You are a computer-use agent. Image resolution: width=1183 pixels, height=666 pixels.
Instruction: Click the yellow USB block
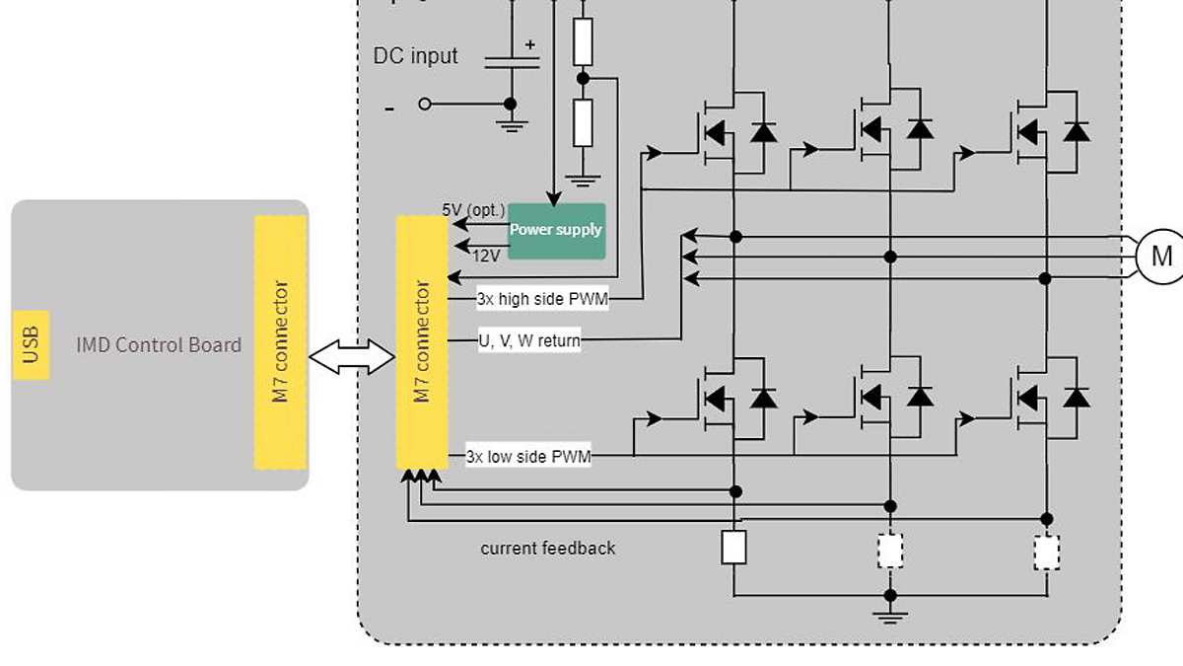pyautogui.click(x=32, y=345)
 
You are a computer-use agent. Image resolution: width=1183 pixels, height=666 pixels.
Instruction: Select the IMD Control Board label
pyautogui.click(x=159, y=344)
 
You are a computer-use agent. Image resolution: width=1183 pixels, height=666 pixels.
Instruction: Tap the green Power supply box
pyautogui.click(x=556, y=230)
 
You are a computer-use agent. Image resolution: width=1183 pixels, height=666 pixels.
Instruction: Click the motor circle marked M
pyautogui.click(x=1160, y=257)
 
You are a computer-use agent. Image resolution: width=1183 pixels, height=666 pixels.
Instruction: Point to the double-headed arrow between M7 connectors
pyautogui.click(x=352, y=357)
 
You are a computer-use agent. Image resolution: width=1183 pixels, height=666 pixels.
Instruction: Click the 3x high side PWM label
pyautogui.click(x=541, y=299)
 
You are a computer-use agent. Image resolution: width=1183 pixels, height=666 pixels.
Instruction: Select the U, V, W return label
pyautogui.click(x=529, y=340)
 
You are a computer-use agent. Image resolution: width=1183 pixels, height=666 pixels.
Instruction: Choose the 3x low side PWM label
pyautogui.click(x=528, y=457)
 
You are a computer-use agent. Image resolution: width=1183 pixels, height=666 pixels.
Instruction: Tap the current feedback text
pyautogui.click(x=547, y=548)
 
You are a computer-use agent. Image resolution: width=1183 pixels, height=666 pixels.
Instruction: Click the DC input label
pyautogui.click(x=415, y=55)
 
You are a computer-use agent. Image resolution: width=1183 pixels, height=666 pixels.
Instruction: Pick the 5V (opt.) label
pyautogui.click(x=473, y=210)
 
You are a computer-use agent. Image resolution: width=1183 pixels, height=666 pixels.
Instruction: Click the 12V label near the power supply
pyautogui.click(x=486, y=256)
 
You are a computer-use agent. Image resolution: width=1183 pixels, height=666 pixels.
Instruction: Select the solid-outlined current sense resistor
pyautogui.click(x=733, y=548)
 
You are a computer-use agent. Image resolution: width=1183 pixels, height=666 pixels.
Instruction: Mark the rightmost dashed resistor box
pyautogui.click(x=1046, y=552)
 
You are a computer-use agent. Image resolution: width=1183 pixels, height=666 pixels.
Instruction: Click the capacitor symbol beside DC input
pyautogui.click(x=512, y=61)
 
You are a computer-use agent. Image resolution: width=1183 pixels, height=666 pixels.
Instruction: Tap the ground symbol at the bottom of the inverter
pyautogui.click(x=890, y=616)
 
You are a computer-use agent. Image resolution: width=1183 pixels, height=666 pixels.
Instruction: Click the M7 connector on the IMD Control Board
pyautogui.click(x=280, y=342)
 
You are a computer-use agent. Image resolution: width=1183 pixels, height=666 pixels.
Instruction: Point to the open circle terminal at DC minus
pyautogui.click(x=425, y=104)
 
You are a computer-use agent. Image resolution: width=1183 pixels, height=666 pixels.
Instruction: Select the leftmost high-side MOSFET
pyautogui.click(x=715, y=130)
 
